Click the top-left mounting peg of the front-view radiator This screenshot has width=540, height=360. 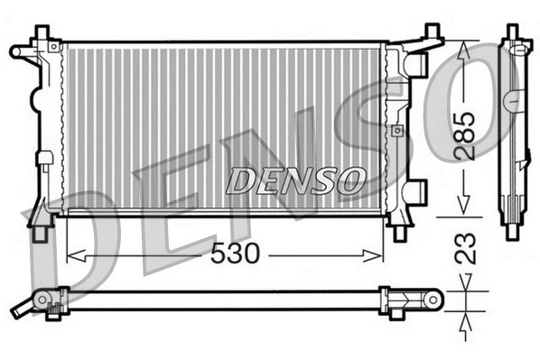click(x=42, y=33)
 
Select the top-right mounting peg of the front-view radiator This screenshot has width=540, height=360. click(x=432, y=33)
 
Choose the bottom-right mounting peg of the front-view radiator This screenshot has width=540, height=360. click(x=398, y=232)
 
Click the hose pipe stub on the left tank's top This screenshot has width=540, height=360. click(x=20, y=51)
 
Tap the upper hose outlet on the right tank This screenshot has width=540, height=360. click(x=415, y=63)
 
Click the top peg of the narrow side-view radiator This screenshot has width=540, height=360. click(x=513, y=32)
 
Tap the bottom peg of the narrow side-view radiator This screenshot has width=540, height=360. click(x=513, y=231)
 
